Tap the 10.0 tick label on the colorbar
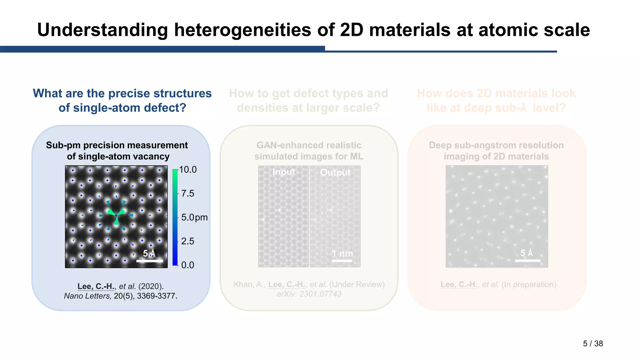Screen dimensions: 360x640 pos(188,170)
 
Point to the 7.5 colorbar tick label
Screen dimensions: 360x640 pos(187,193)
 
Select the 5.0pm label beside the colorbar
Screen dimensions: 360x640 pos(194,217)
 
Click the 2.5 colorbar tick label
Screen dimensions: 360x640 pos(187,241)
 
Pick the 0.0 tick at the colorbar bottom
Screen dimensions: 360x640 pos(187,265)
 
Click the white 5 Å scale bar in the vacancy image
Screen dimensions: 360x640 pos(150,260)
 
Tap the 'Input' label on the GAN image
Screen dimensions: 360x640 pos(283,172)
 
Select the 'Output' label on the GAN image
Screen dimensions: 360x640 pos(335,172)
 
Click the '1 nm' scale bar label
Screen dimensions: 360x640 pos(342,253)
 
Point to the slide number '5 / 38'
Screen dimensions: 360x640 pos(593,343)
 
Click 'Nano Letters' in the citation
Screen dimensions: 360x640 pos(87,296)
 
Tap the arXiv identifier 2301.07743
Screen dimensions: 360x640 pos(320,294)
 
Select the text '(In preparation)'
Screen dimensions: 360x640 pos(529,284)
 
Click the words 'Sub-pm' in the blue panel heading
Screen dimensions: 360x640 pos(63,145)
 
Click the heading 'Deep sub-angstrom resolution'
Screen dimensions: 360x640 pos(496,145)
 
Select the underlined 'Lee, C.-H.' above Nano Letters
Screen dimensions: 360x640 pos(96,286)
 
